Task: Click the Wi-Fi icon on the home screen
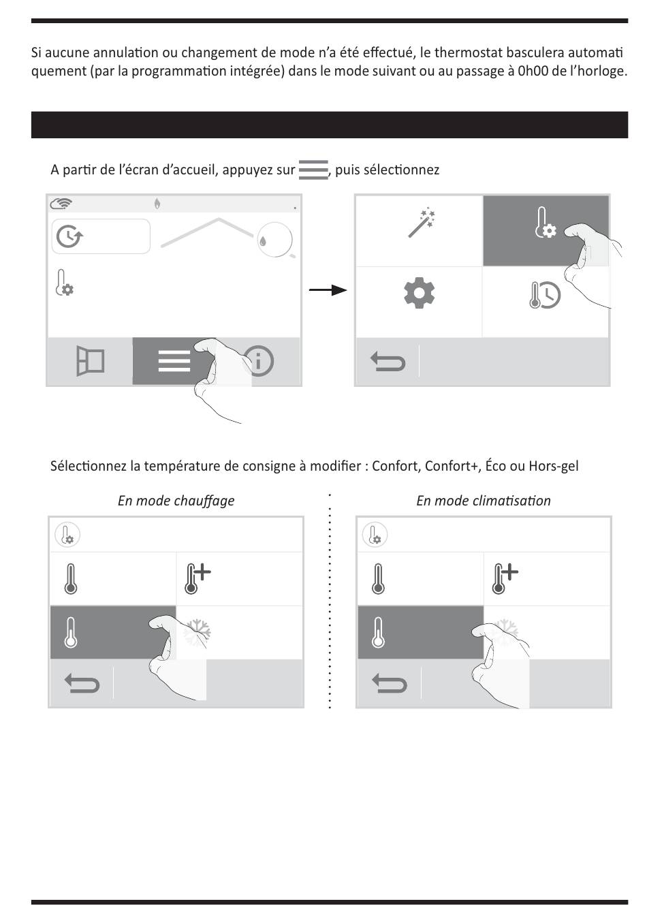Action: pyautogui.click(x=61, y=203)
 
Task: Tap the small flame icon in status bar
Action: pyautogui.click(x=157, y=203)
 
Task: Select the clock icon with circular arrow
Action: pyautogui.click(x=69, y=236)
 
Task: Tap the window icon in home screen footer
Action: pyautogui.click(x=90, y=360)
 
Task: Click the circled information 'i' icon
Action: pyautogui.click(x=258, y=360)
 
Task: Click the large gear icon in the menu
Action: pyautogui.click(x=419, y=294)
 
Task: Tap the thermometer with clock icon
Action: pyautogui.click(x=545, y=295)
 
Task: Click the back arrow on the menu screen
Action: pyautogui.click(x=388, y=361)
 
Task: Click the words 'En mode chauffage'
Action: pyautogui.click(x=176, y=501)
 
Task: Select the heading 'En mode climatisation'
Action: pyautogui.click(x=484, y=501)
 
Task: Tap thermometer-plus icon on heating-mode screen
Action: pyautogui.click(x=197, y=579)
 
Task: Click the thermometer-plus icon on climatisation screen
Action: pyautogui.click(x=505, y=579)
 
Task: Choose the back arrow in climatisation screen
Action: pyautogui.click(x=390, y=683)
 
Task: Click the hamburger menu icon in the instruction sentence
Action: pyautogui.click(x=313, y=170)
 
